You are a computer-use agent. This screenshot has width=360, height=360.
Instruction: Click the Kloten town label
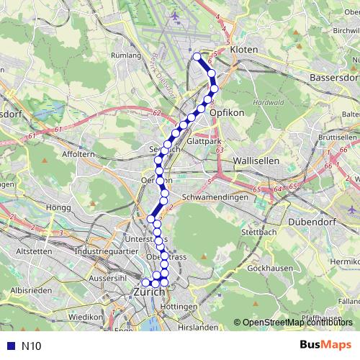pyautogui.click(x=243, y=50)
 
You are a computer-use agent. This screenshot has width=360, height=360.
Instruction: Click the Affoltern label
pyautogui.click(x=78, y=153)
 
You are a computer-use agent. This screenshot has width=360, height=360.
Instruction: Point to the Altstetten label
pyautogui.click(x=32, y=251)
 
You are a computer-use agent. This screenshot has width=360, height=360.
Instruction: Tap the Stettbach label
pyautogui.click(x=254, y=233)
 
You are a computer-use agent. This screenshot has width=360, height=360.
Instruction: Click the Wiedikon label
pyautogui.click(x=86, y=316)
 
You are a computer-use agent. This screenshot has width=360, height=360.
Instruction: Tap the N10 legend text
pyautogui.click(x=31, y=346)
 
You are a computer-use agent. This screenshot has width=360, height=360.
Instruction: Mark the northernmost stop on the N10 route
pyautogui.click(x=197, y=56)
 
